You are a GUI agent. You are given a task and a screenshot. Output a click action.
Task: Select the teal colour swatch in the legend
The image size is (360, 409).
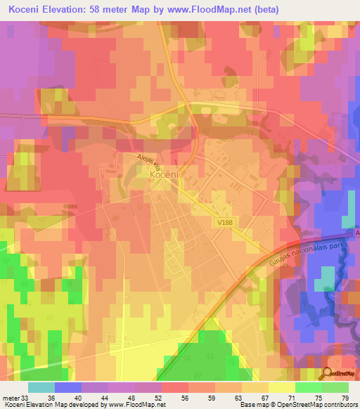click(x=41, y=387)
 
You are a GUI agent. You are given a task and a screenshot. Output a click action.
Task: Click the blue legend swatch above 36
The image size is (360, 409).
click(x=68, y=387)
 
